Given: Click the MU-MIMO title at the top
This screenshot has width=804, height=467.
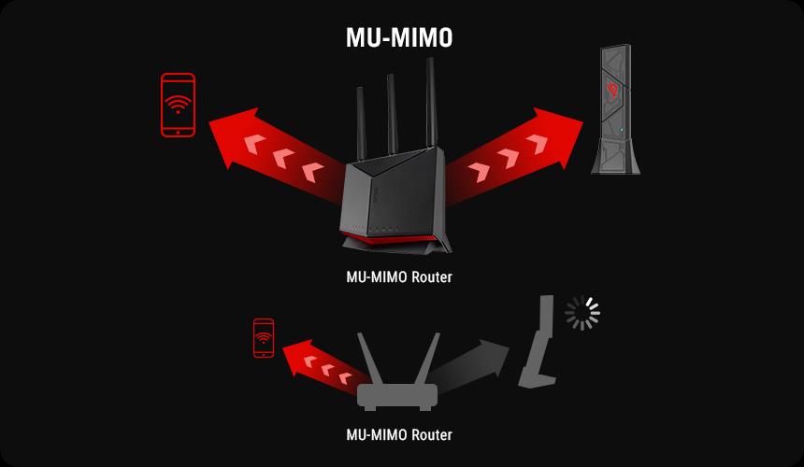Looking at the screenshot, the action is tap(399, 38).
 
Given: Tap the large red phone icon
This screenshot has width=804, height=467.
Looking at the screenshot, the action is tap(178, 105).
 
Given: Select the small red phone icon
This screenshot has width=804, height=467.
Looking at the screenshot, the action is tap(264, 338).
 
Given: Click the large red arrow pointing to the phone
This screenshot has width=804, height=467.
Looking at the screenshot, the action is tap(277, 153).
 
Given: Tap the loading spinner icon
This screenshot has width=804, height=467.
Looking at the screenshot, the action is tap(582, 313).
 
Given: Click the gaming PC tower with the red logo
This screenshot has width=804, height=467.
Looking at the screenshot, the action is tap(615, 109).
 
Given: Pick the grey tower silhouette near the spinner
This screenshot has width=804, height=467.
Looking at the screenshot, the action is tap(538, 341).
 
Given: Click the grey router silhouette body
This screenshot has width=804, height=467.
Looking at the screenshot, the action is tap(397, 397).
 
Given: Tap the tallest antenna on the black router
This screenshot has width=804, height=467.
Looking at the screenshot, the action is tap(431, 103).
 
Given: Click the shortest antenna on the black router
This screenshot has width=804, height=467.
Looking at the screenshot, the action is tap(361, 124).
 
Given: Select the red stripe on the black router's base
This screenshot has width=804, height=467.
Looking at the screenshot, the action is tap(391, 237).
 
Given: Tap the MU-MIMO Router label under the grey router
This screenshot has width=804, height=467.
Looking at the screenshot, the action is tap(399, 434).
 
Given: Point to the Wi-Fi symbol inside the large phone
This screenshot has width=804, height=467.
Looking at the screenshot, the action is tap(178, 104).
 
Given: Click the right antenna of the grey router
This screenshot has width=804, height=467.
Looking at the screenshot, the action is tap(428, 359).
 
